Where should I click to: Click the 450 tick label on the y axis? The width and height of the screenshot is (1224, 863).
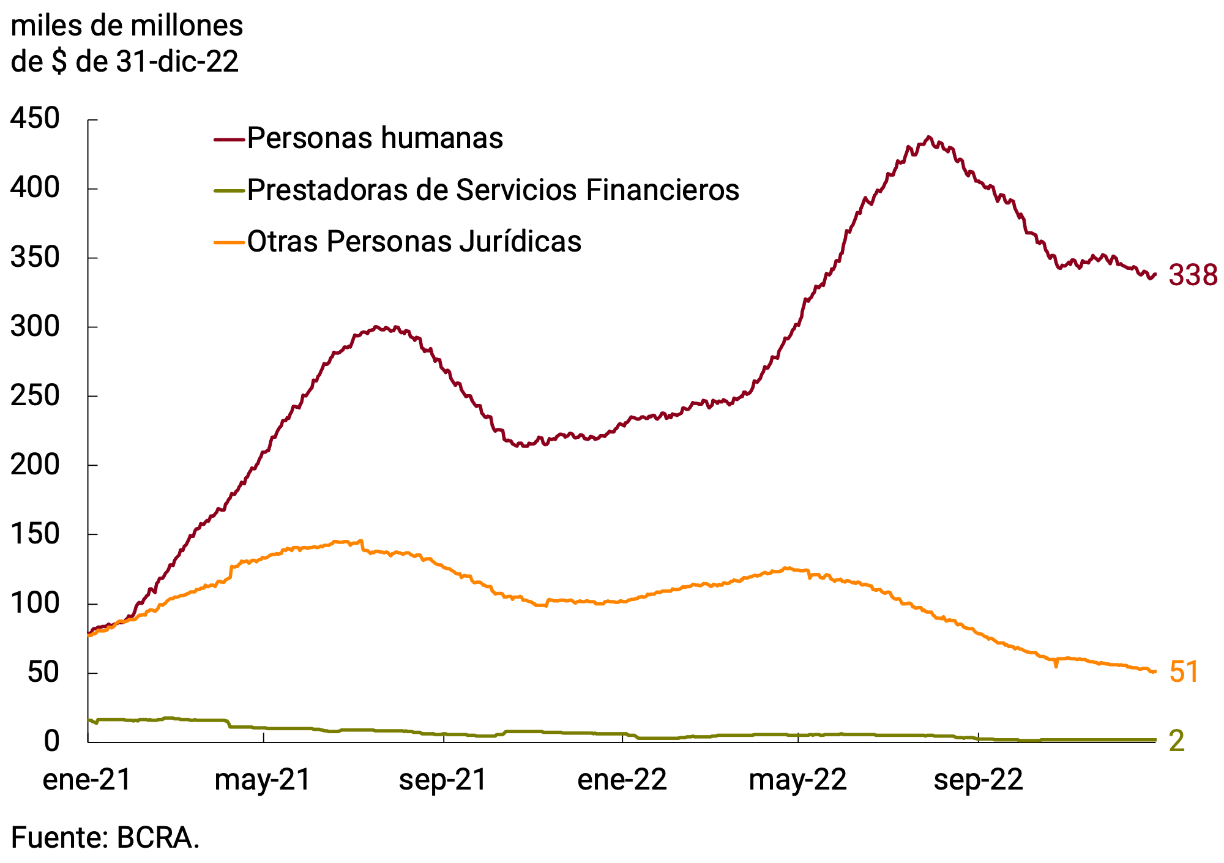tap(35, 119)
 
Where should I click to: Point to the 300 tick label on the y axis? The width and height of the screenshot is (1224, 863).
tap(35, 326)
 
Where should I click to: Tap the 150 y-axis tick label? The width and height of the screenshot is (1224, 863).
tap(35, 534)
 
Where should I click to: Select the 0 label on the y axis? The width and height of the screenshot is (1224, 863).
tap(51, 741)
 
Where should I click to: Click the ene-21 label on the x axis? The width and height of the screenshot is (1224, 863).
tap(87, 780)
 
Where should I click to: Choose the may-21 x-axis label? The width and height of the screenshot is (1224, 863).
tap(263, 780)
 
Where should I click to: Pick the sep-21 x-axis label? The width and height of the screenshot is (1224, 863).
tap(442, 780)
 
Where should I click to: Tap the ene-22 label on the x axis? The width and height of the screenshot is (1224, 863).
tap(622, 780)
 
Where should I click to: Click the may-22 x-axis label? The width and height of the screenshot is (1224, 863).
tap(797, 780)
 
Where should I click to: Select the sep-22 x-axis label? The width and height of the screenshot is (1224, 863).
tap(978, 780)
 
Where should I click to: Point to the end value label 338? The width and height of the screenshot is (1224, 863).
tap(1193, 275)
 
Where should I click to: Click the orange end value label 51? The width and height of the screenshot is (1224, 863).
tap(1184, 672)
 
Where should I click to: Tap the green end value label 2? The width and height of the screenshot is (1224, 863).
tap(1177, 741)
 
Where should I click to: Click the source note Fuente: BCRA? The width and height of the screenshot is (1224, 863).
tap(105, 837)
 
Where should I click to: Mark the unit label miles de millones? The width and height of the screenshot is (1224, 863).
tap(127, 26)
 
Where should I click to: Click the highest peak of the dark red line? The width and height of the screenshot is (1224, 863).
tap(929, 136)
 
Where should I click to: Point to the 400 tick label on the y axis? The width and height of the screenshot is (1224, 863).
tap(35, 188)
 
